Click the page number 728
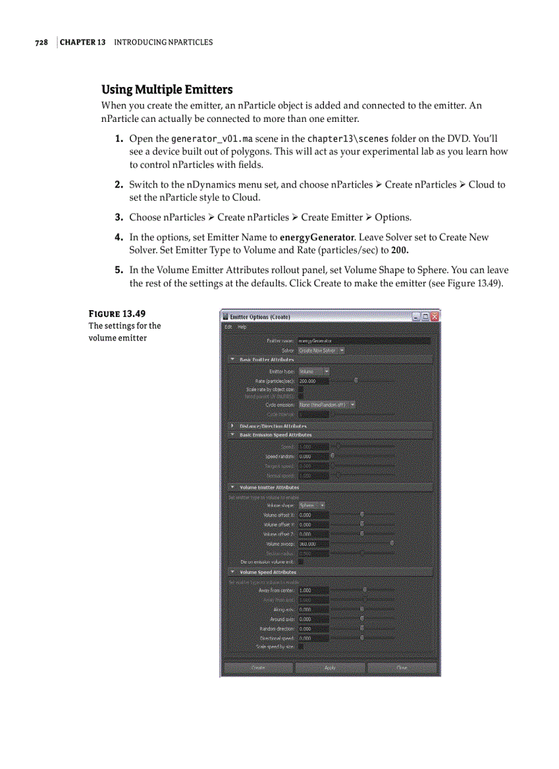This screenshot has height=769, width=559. coord(42,42)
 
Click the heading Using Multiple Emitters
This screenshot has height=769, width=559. coord(166,90)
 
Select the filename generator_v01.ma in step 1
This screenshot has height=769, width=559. coord(213,139)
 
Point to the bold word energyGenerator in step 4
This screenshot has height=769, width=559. coord(317,238)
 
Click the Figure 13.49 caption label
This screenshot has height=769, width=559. coord(116,314)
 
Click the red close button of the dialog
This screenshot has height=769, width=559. coord(434,317)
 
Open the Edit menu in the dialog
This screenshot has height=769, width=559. coord(228,327)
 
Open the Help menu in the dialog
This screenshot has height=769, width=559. coord(242,327)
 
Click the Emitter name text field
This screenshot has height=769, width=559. coord(364,340)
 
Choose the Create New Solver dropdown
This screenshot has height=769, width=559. coord(321,351)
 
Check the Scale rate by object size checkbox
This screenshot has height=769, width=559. coord(301,390)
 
